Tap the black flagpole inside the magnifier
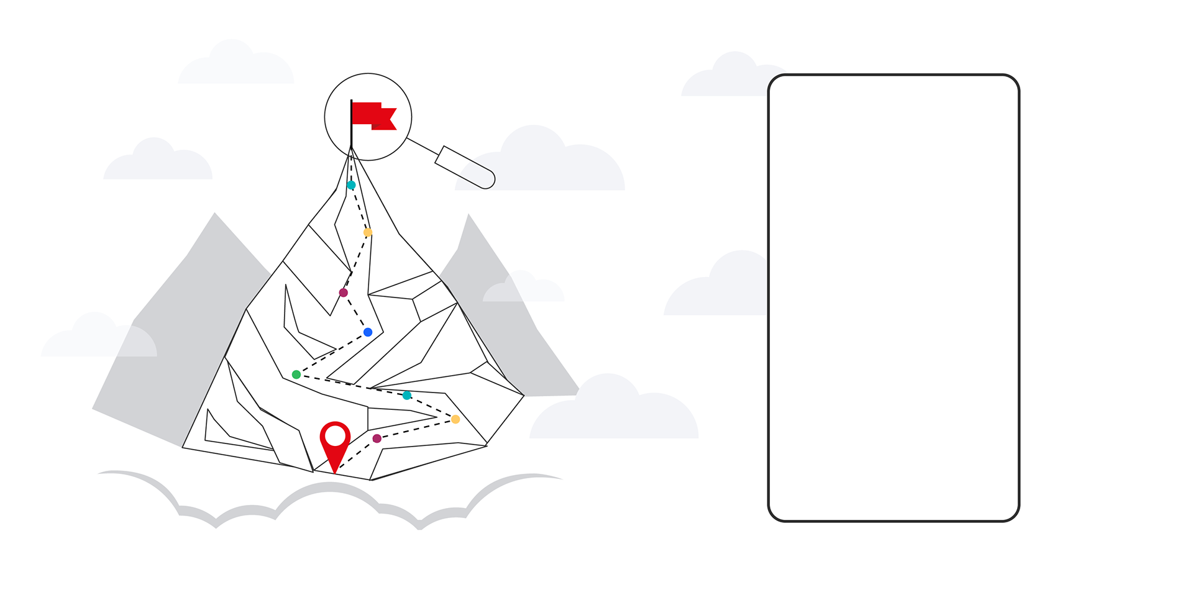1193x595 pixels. [x=351, y=124]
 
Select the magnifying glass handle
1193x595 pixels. [x=465, y=166]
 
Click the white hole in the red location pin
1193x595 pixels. [x=336, y=435]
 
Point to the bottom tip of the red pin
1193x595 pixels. [x=335, y=473]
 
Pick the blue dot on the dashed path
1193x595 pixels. [x=368, y=332]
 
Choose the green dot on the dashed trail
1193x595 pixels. [x=296, y=375]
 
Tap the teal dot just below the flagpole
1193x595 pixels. [x=351, y=185]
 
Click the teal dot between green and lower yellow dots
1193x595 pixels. [x=407, y=395]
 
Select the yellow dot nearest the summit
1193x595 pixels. [x=368, y=232]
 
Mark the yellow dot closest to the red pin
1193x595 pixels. [x=455, y=419]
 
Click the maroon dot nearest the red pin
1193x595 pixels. [x=377, y=438]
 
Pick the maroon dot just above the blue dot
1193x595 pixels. [x=343, y=293]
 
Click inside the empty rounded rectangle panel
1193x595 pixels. [x=894, y=298]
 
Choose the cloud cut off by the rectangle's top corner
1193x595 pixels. [x=727, y=78]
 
